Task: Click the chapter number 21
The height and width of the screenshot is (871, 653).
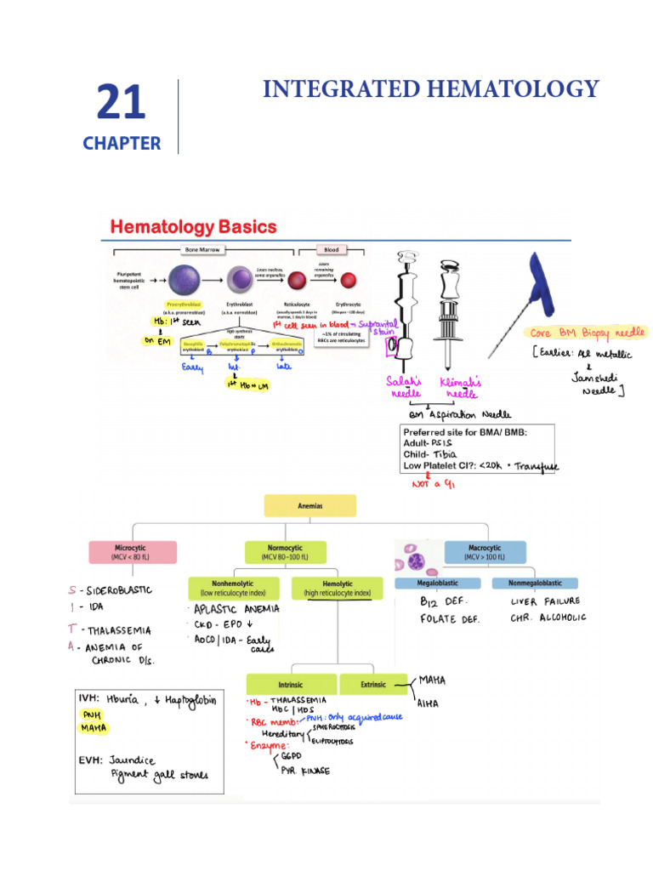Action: tap(121, 103)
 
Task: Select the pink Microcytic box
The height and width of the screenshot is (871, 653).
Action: tap(132, 552)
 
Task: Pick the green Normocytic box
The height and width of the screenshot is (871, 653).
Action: tap(285, 552)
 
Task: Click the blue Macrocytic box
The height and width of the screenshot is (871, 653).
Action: tap(485, 552)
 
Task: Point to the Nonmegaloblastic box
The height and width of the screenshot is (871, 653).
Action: tap(535, 584)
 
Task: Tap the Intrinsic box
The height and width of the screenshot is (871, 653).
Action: tap(291, 684)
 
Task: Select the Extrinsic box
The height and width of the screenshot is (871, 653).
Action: tap(373, 684)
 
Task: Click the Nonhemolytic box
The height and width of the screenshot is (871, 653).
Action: tap(237, 588)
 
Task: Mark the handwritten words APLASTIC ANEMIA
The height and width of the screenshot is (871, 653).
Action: tap(237, 610)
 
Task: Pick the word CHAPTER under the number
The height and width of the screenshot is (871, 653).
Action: tap(122, 143)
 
